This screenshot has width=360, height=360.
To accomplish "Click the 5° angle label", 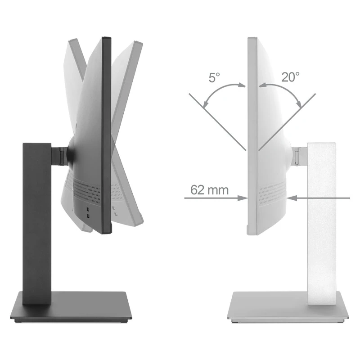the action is coord(214,77).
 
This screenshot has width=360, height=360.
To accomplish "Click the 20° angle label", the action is coord(290,77).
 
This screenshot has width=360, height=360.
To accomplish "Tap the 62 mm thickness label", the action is coord(209,190).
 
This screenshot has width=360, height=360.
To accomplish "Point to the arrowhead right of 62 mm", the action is coord(243,198).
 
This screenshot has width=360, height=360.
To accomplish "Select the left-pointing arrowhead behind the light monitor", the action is coord(292,198).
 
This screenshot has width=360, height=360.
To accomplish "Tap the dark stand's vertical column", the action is coord(37,224).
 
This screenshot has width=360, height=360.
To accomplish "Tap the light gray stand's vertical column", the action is coord(321,224).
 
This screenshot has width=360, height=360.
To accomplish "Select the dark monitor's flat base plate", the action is coord(71,306).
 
